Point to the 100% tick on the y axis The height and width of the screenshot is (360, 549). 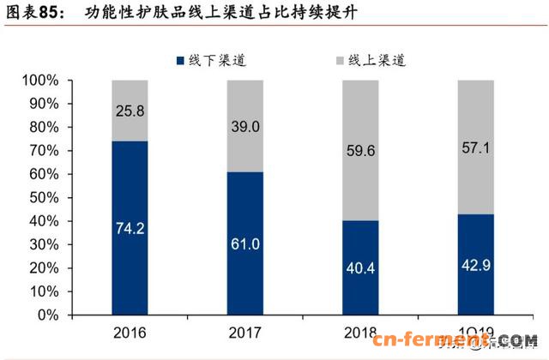pos(39,80)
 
